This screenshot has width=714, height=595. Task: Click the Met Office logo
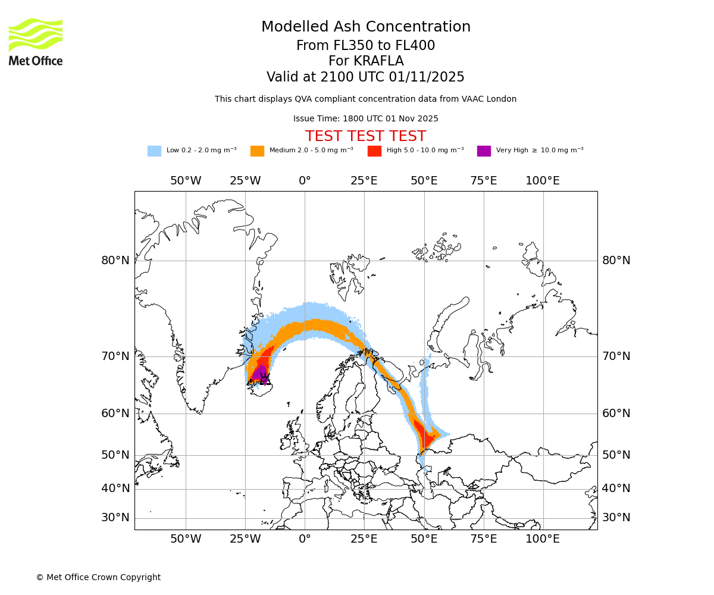pos(36,42)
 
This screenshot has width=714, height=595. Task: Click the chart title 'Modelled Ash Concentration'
pos(366,27)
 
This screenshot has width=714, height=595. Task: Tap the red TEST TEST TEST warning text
pos(365,136)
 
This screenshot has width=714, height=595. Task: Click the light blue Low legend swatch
pos(154,151)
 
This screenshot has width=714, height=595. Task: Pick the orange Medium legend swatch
pos(257,151)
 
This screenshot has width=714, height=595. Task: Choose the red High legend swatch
pos(374,151)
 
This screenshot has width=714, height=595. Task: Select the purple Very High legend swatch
pos(484,151)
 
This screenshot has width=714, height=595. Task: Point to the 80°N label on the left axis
pos(115,261)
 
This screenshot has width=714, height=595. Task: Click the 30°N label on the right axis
pos(616,518)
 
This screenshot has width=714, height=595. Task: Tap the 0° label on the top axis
pos(305,181)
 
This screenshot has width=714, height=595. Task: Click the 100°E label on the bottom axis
pos(543,539)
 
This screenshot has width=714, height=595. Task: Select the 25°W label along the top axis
pos(245,181)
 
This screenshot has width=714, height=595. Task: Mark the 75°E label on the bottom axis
pos(483,539)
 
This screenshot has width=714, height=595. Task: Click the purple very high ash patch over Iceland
pos(260,374)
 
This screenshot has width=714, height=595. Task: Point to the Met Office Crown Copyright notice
pos(98,577)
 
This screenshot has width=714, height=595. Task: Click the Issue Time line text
pos(365,118)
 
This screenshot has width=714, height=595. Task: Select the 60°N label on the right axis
pos(616,414)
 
